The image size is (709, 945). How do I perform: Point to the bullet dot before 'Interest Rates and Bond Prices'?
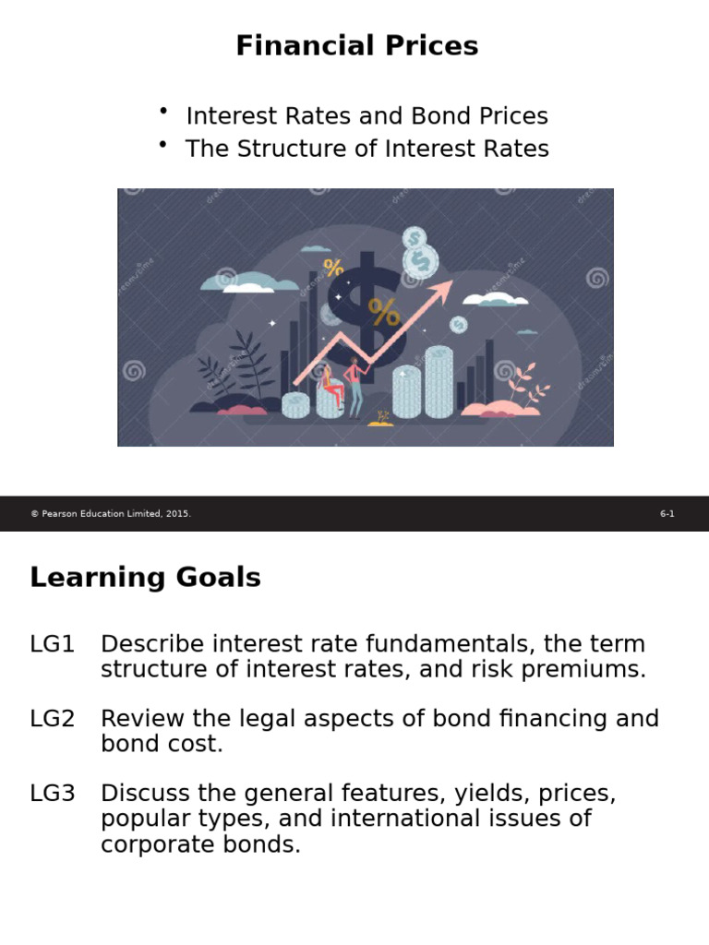coord(163,112)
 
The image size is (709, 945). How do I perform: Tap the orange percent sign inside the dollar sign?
coord(383,312)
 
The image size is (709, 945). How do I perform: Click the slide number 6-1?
coord(667,514)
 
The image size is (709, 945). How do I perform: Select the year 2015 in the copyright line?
coord(178,514)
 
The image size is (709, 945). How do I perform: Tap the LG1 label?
coord(52,644)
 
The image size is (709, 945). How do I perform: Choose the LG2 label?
coord(52,719)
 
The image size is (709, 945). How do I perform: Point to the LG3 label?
coord(52,794)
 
